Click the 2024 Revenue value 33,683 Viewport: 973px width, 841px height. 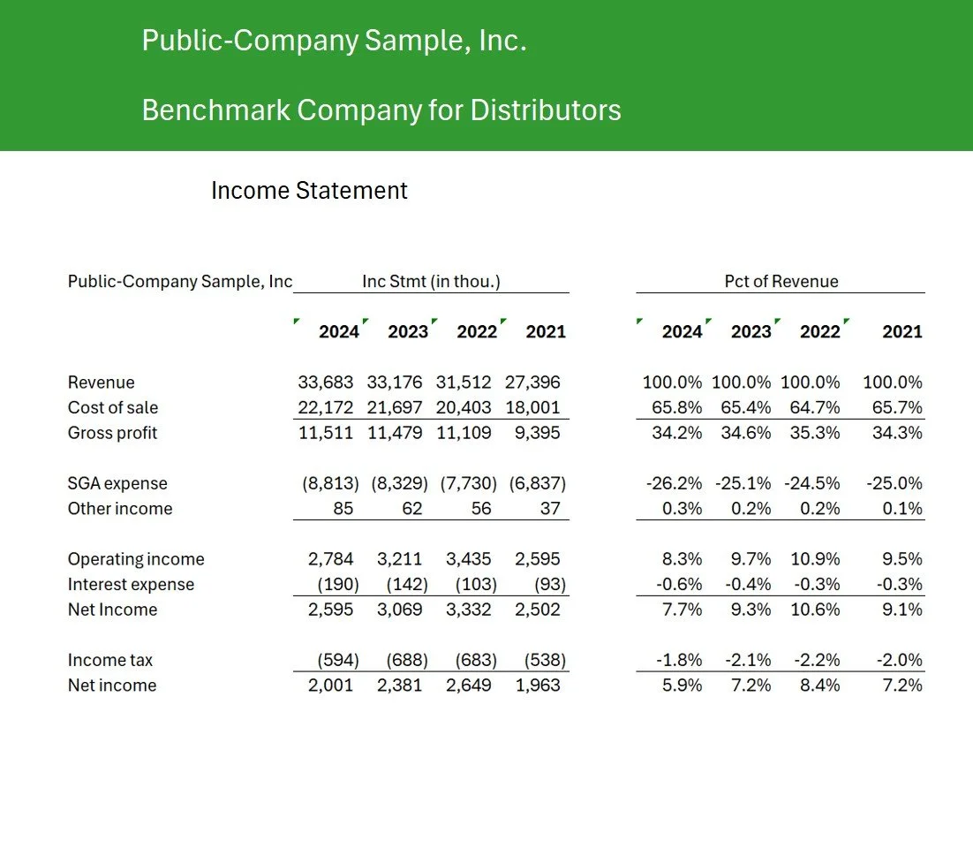326,383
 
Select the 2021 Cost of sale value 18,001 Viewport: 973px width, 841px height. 532,407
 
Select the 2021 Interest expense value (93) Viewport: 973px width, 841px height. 545,584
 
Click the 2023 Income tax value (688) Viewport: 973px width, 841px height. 407,660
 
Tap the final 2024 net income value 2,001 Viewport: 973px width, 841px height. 330,686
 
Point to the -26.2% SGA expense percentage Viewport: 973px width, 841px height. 675,483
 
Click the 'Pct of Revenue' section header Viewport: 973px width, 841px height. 781,282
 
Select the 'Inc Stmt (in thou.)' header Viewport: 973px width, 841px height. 432,282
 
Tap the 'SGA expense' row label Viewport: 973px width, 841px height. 117,483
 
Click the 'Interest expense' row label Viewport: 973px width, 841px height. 131,584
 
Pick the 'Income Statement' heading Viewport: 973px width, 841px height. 309,191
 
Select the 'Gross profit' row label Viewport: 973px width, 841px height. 112,433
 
